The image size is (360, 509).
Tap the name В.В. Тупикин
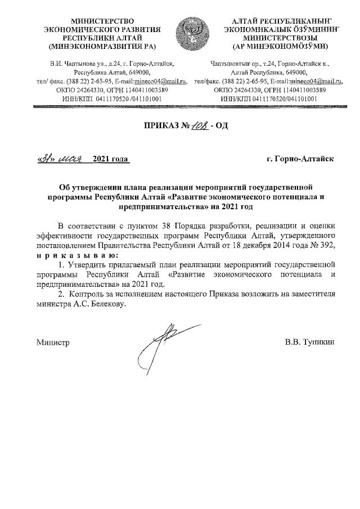click(x=310, y=341)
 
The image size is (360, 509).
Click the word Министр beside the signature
click(x=52, y=341)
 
